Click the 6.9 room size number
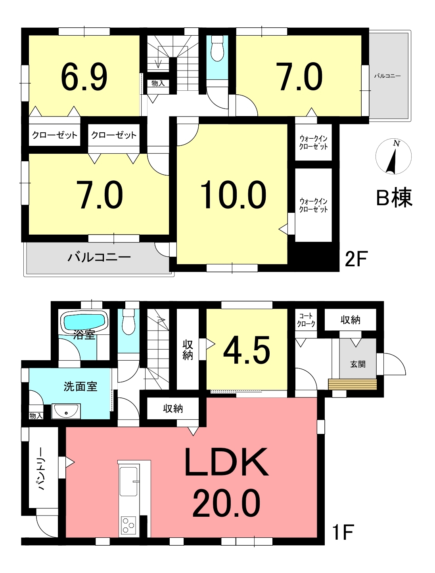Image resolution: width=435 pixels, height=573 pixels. click(x=84, y=77)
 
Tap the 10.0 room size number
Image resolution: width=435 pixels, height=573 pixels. click(x=233, y=195)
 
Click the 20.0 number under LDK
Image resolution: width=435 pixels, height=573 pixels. click(x=226, y=503)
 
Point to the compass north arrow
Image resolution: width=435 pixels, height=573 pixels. click(x=392, y=160)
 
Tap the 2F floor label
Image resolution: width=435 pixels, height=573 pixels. click(x=356, y=259)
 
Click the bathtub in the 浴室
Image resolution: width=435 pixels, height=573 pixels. click(x=84, y=322)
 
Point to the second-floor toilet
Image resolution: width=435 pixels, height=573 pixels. click(x=217, y=49)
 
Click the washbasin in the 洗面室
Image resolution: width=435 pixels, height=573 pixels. click(x=66, y=411)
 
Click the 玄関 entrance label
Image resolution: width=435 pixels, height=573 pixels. click(x=358, y=364)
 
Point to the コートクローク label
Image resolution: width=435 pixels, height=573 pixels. click(x=306, y=320)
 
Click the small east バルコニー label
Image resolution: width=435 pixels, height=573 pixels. click(x=387, y=76)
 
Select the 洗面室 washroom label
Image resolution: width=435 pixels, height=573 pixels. click(x=80, y=386)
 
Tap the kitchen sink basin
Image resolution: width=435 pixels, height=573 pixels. click(x=129, y=481)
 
